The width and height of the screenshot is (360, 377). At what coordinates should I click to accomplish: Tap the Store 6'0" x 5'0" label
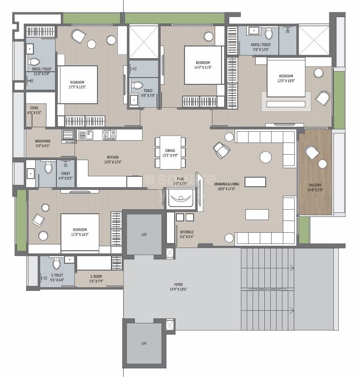click(34, 110)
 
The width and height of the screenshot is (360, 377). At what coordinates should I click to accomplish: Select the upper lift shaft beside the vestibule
click(144, 234)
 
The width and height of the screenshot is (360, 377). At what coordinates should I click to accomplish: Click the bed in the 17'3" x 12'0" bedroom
click(78, 85)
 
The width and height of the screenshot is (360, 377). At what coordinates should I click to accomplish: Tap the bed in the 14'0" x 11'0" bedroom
click(203, 64)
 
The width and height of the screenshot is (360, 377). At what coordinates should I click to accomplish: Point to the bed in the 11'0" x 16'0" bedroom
click(79, 232)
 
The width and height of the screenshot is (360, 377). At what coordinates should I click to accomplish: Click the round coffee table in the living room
click(266, 157)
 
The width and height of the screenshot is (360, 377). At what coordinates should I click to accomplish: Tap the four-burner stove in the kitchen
click(109, 134)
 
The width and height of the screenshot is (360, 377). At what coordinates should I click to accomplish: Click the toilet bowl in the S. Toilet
click(56, 263)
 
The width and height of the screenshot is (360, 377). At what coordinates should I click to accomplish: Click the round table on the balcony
click(323, 163)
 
